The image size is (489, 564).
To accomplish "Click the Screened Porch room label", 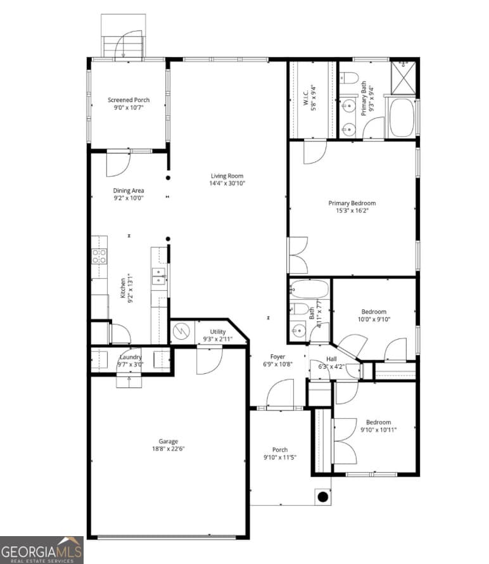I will [129, 99].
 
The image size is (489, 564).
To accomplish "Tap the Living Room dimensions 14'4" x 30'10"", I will [227, 183].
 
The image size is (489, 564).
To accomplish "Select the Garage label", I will [168, 441].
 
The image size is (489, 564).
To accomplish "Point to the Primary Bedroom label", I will [352, 203].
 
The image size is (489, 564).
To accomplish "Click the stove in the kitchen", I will [99, 256].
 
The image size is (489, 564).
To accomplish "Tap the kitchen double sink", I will [159, 275].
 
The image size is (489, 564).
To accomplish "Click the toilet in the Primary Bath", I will [350, 78].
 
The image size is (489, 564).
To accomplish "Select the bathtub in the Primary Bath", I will [401, 117].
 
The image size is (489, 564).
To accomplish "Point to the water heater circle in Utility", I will [182, 331].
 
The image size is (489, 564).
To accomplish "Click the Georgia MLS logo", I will [42, 549].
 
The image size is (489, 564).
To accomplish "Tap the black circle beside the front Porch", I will [322, 497].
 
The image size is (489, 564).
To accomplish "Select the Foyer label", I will [277, 357].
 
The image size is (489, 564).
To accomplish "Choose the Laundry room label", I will [130, 357].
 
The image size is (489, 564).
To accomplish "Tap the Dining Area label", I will [129, 190].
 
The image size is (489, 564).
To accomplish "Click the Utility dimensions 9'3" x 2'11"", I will [217, 340].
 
